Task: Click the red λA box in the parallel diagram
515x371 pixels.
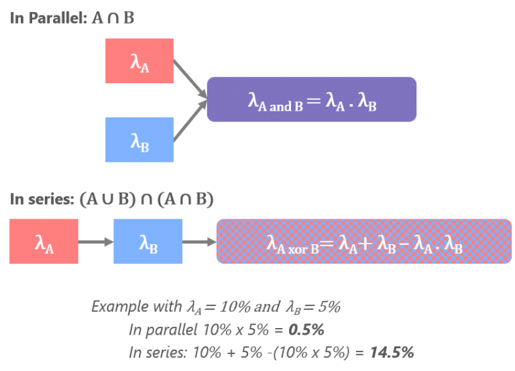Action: tap(139, 61)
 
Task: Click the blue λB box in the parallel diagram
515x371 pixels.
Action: tap(139, 140)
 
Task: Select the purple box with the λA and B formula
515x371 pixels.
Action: tap(311, 99)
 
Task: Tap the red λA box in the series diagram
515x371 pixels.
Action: tap(44, 242)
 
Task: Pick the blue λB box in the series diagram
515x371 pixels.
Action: tap(148, 242)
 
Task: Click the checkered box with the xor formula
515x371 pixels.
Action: tap(364, 242)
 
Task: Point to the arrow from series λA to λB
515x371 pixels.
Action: tap(96, 242)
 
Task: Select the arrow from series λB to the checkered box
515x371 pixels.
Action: tap(198, 242)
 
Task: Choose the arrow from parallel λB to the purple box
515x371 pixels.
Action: tap(189, 121)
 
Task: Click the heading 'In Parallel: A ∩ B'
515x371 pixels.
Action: tap(72, 17)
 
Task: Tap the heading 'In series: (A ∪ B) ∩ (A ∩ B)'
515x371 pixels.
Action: tap(112, 199)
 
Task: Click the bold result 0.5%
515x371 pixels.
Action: tap(306, 330)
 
